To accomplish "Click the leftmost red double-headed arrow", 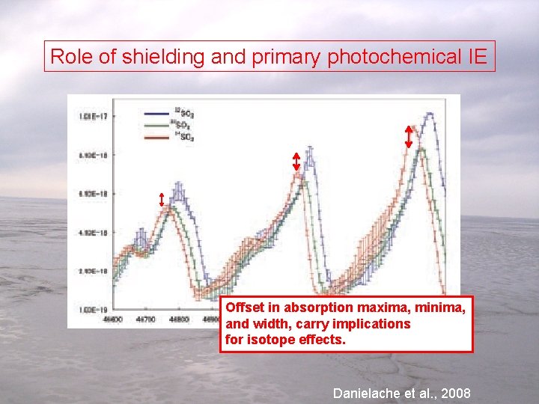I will point(162,199).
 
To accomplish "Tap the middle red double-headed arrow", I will point(296,162).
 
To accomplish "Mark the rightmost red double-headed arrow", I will point(408,135).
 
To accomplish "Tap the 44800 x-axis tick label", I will point(178,319).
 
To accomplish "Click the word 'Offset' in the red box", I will point(243,307).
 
